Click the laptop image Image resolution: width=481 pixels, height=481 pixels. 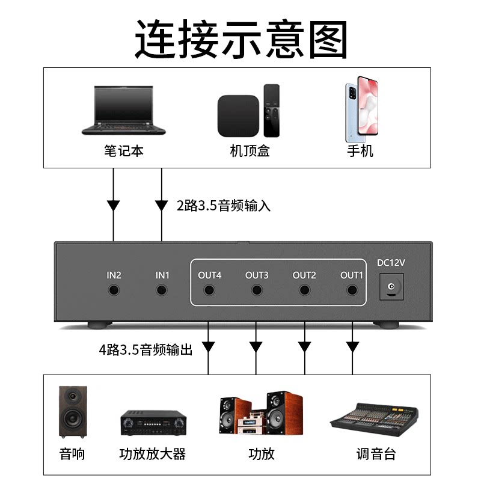pos(124,110)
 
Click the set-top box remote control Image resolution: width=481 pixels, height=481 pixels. pos(272,111)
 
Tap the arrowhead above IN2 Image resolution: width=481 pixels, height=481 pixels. pos(114,205)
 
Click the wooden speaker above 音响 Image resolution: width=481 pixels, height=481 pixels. pos(73,411)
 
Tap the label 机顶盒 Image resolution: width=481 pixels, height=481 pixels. pos(250,150)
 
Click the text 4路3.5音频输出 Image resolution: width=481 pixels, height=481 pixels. pos(146,349)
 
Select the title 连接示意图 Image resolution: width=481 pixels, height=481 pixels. pos(240,39)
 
